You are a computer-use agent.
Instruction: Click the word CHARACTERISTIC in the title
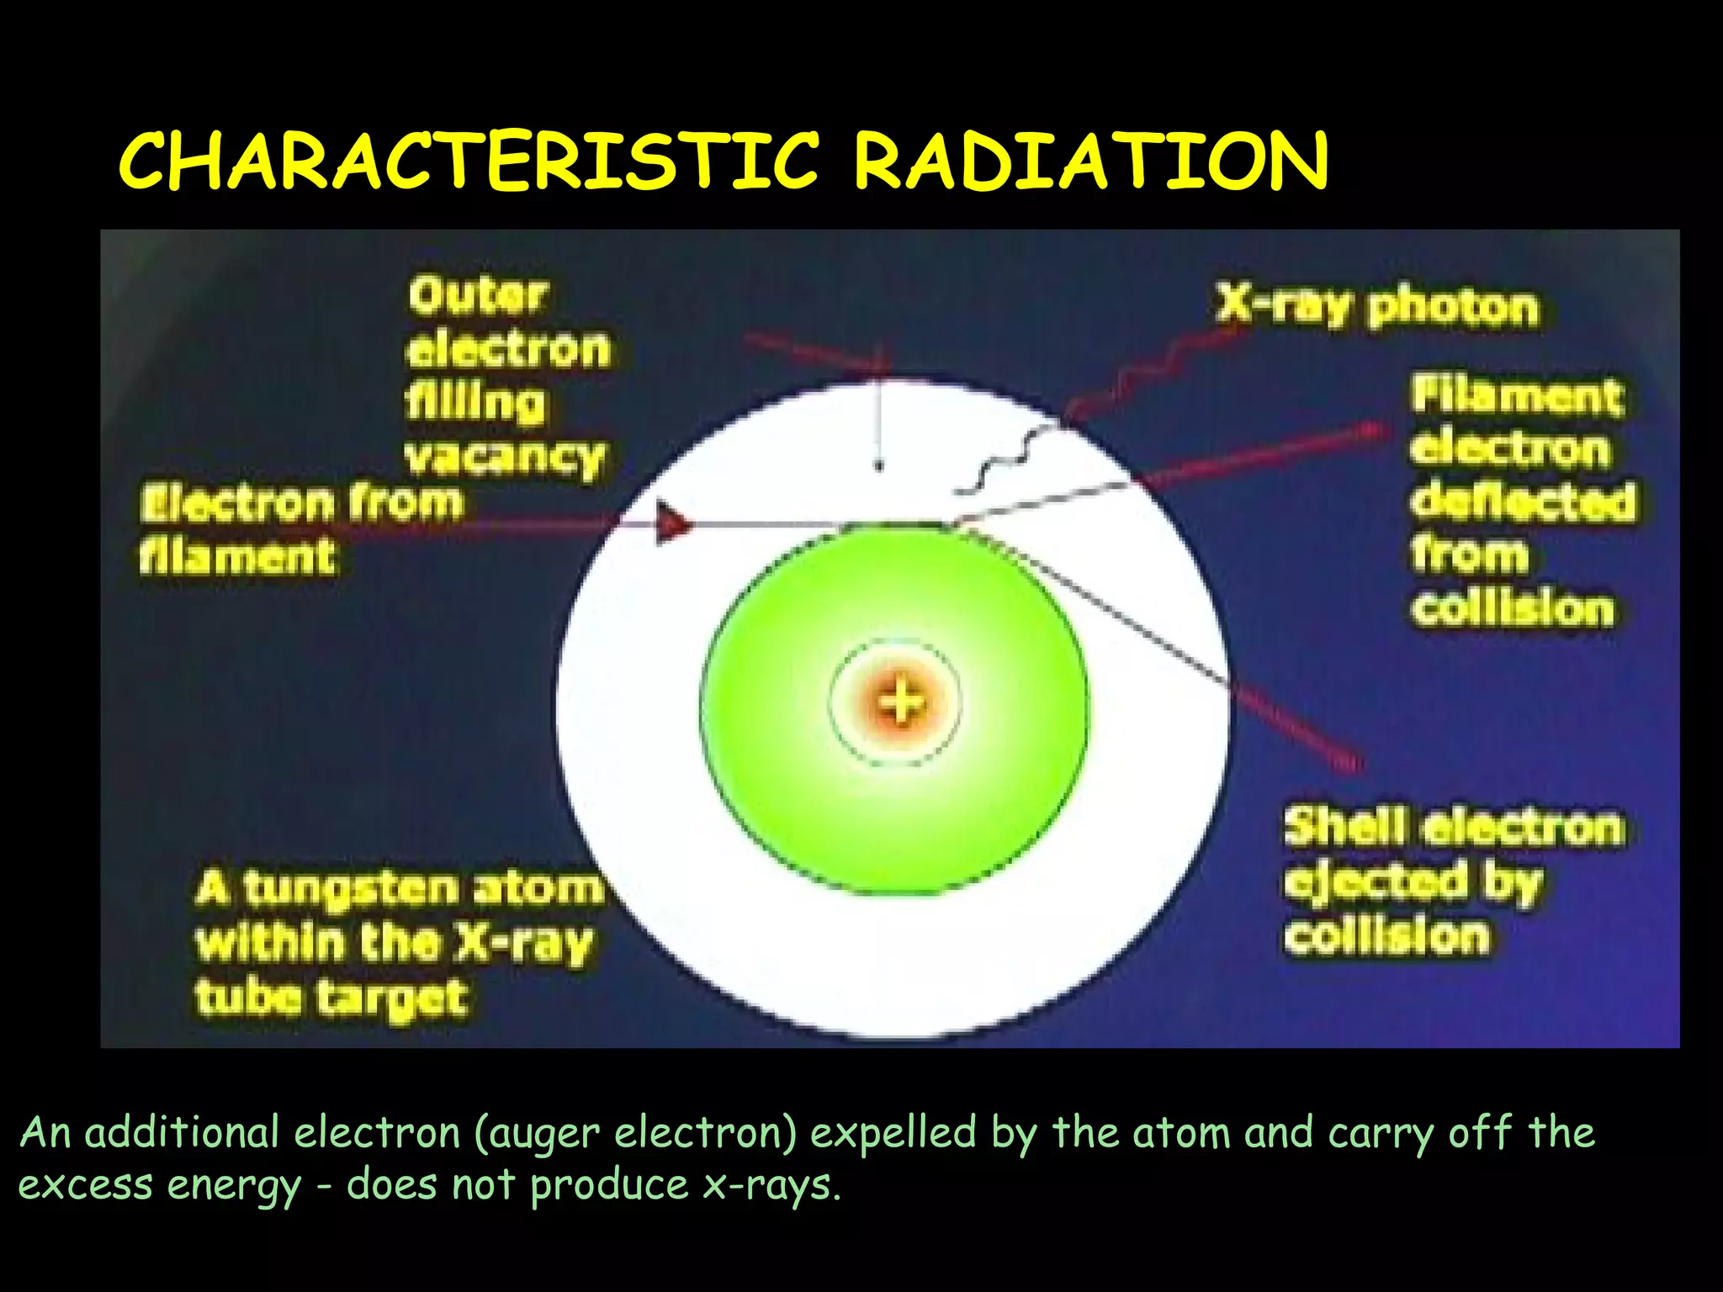[x=468, y=161]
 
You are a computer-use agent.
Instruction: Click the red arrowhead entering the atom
[x=673, y=523]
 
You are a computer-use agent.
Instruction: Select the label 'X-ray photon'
[x=1377, y=307]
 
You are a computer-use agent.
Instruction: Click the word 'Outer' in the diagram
[x=478, y=296]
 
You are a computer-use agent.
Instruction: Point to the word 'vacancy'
[x=505, y=458]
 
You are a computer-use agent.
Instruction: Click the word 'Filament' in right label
[x=1516, y=395]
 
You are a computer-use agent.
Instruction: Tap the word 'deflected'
[x=1523, y=502]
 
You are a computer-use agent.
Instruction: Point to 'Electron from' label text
[x=301, y=503]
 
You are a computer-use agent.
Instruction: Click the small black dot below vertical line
[x=879, y=465]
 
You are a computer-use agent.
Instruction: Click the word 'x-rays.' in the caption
[x=771, y=1185]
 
